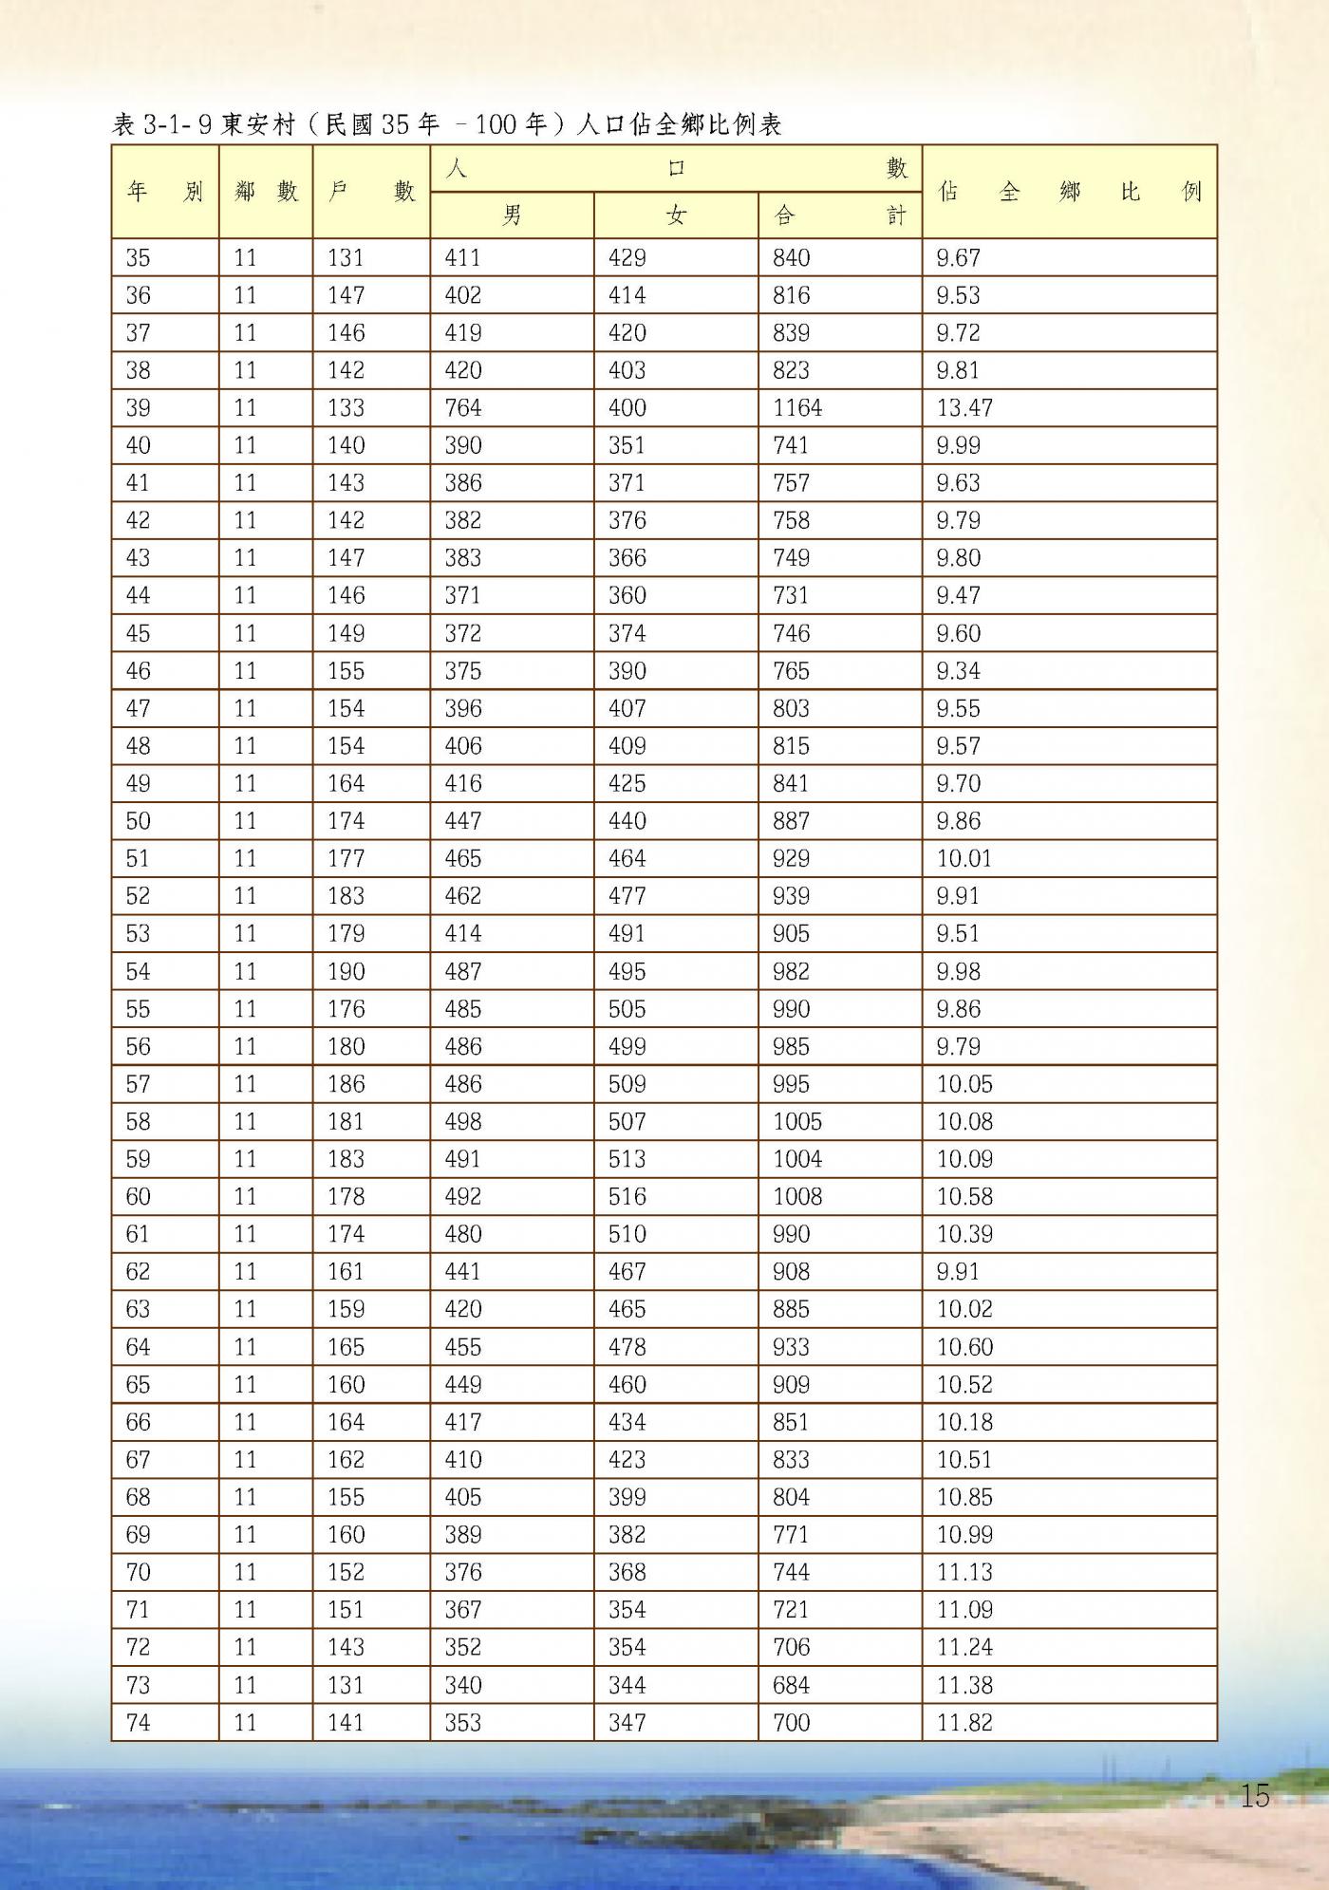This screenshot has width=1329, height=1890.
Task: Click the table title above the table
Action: click(446, 124)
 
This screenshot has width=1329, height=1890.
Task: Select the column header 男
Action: click(512, 215)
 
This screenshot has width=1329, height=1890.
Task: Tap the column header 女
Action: click(676, 215)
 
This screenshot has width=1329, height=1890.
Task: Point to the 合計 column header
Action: click(839, 215)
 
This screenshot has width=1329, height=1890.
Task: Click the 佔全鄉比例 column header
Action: click(1069, 192)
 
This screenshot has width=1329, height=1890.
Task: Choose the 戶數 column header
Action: click(371, 192)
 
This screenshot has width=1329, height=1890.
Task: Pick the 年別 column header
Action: click(165, 192)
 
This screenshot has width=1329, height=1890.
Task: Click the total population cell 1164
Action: click(797, 408)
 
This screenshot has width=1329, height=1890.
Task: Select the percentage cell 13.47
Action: click(964, 408)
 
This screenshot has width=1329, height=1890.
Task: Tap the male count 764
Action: click(463, 408)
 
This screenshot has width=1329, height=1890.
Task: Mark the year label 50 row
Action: click(139, 821)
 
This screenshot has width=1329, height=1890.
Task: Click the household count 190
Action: click(346, 971)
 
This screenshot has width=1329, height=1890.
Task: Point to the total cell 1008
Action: click(797, 1196)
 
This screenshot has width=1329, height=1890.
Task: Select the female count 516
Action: click(627, 1196)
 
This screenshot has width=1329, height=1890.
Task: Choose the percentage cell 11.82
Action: click(964, 1722)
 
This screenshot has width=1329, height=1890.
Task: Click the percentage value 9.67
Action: click(958, 258)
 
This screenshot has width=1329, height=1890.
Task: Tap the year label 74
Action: click(139, 1722)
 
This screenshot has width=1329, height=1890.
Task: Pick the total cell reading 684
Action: click(792, 1685)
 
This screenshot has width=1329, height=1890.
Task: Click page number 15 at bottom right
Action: click(1255, 1795)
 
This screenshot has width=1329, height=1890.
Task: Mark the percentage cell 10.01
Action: click(964, 858)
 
